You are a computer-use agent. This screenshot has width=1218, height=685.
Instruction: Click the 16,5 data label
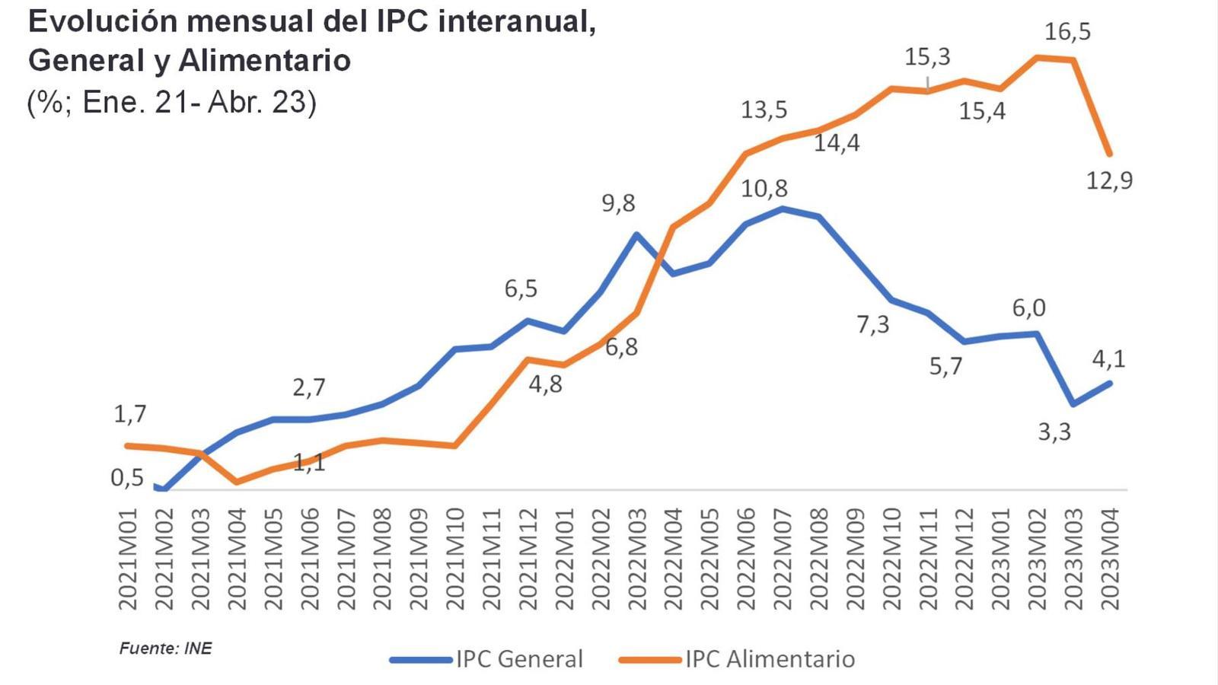[x=1067, y=32]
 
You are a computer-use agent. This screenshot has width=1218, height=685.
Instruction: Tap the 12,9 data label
[x=1109, y=181]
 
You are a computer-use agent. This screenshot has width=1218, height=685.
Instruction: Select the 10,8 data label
[x=764, y=189]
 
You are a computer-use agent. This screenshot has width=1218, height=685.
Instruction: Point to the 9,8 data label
[x=618, y=204]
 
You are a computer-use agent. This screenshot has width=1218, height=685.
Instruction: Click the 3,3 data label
[x=1054, y=432]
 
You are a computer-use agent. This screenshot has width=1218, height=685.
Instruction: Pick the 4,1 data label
[x=1108, y=358]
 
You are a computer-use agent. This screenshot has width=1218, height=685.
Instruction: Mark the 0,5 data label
[x=127, y=478]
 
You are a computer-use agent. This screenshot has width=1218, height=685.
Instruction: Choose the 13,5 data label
[x=764, y=110]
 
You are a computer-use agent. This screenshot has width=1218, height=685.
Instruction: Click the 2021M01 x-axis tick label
[x=128, y=559]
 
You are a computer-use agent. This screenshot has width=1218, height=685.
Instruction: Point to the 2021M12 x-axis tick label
[x=528, y=559]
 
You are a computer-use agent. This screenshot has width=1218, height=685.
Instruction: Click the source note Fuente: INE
[x=165, y=648]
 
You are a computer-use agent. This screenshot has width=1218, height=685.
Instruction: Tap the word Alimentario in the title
[x=264, y=61]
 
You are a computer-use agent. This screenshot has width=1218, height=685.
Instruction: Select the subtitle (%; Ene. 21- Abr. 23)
[x=171, y=102]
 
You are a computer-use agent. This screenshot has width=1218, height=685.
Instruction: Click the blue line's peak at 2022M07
[x=783, y=208]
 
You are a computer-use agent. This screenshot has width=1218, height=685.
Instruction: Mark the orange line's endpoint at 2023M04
[x=1110, y=154]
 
